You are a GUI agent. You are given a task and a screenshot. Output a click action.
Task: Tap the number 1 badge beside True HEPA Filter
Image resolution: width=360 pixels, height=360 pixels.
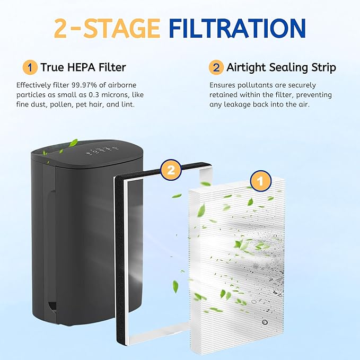(x=30, y=67)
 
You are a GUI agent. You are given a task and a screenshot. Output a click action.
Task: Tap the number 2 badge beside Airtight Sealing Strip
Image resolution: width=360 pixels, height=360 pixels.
(x=216, y=67)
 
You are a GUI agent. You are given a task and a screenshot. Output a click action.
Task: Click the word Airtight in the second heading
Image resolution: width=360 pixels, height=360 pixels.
(x=245, y=68)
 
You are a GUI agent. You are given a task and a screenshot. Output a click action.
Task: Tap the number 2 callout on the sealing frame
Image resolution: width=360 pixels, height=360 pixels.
(x=171, y=170)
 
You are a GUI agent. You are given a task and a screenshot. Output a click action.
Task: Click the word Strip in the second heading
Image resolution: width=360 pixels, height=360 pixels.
(x=323, y=68)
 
